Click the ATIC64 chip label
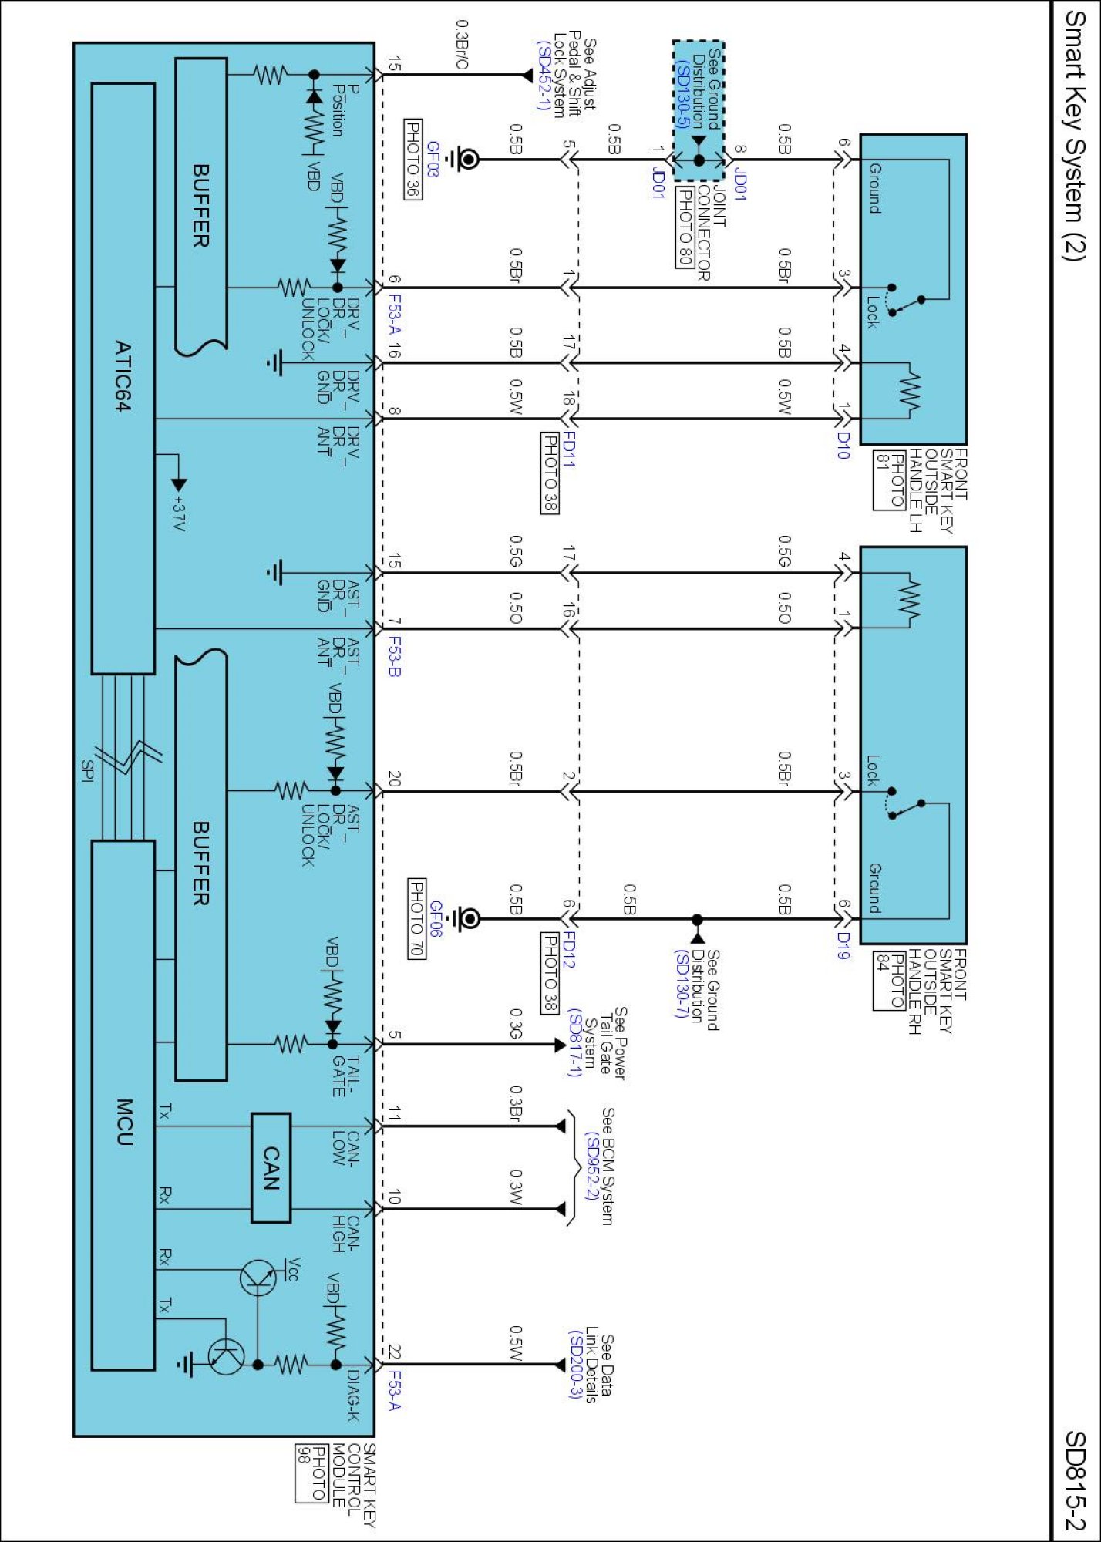pos(123,376)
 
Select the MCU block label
pos(124,1122)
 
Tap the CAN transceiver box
pos(271,1168)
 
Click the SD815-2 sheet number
pos(1075,1480)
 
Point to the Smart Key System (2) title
pos(1075,136)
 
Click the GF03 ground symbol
pos(466,160)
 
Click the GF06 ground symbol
pos(467,918)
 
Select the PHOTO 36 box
pos(413,159)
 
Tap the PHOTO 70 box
pos(416,918)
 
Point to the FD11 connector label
pos(569,449)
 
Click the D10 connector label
pos(843,445)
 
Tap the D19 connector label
pos(843,945)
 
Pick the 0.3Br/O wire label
pos(462,45)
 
